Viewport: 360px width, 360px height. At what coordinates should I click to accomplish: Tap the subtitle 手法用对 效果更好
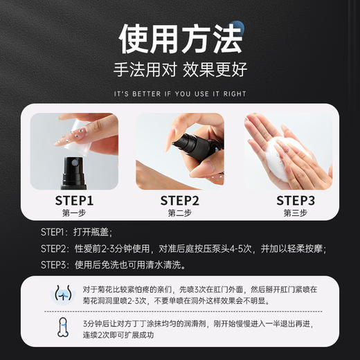click(x=180, y=70)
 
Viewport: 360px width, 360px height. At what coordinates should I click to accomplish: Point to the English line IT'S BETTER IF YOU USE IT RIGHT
click(x=180, y=93)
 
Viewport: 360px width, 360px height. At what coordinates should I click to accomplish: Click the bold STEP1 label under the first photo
click(x=74, y=200)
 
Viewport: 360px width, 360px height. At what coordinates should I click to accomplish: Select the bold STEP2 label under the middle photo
click(x=180, y=200)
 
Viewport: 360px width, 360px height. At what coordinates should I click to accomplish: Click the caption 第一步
click(x=74, y=213)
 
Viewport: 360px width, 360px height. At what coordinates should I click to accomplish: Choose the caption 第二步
click(x=180, y=213)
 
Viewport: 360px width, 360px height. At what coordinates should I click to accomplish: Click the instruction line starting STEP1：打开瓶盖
click(x=76, y=232)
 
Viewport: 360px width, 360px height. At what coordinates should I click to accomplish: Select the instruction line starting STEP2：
click(x=183, y=249)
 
